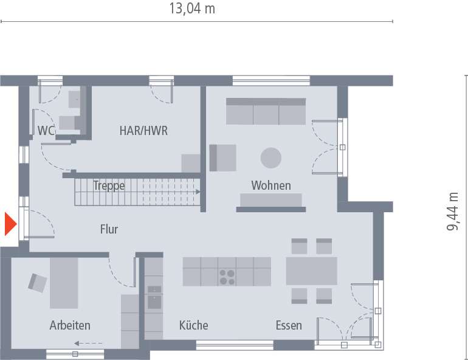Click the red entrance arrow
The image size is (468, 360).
click(x=10, y=224)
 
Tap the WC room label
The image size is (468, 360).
click(x=46, y=130)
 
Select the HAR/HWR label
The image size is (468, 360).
click(x=143, y=130)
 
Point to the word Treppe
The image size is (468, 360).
click(x=109, y=185)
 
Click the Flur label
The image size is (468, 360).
click(x=109, y=229)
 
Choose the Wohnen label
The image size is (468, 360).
click(x=271, y=185)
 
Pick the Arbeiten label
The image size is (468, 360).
click(x=70, y=325)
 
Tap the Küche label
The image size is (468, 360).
click(x=193, y=325)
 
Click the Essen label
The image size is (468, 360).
click(x=288, y=325)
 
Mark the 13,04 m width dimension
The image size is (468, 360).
click(x=191, y=9)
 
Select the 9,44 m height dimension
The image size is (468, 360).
click(x=453, y=212)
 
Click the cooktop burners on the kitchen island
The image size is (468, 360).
click(x=227, y=277)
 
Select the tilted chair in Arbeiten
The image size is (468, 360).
click(x=38, y=282)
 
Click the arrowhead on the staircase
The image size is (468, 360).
click(x=198, y=191)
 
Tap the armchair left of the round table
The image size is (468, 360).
click(x=223, y=157)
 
